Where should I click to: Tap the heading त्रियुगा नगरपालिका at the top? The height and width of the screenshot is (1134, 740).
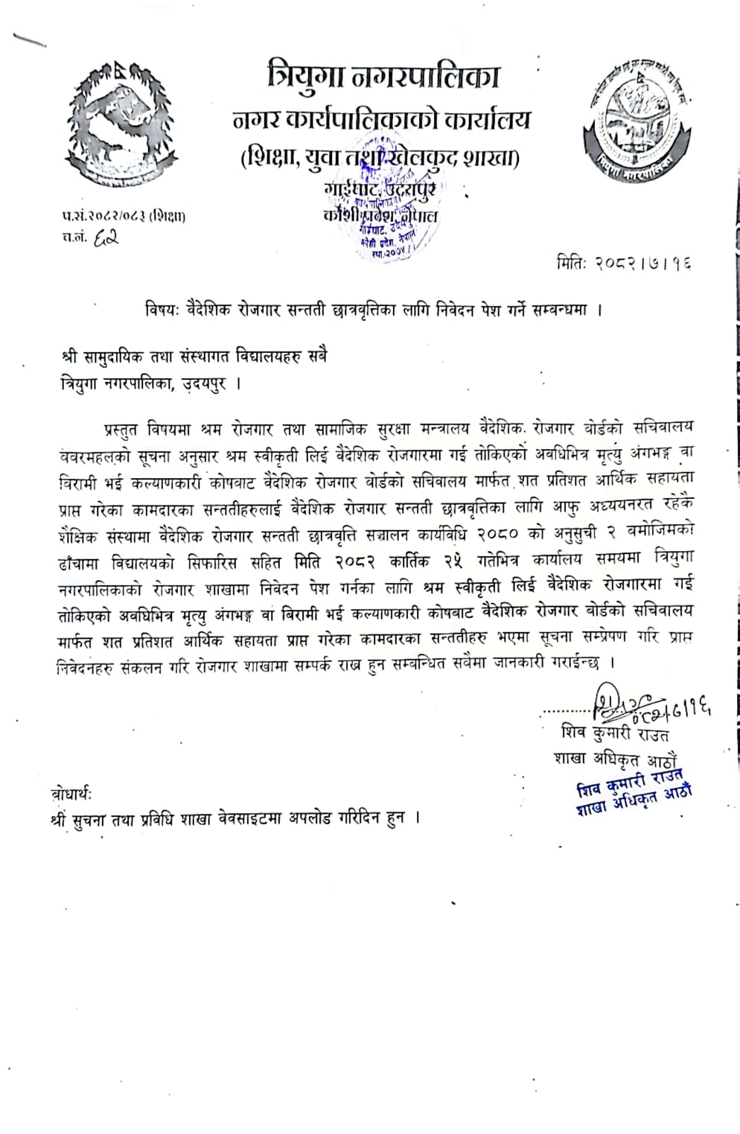(x=383, y=77)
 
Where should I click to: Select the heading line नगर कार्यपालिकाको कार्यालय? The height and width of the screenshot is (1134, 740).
(x=381, y=118)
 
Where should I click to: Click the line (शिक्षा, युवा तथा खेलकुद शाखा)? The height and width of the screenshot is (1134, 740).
(x=380, y=158)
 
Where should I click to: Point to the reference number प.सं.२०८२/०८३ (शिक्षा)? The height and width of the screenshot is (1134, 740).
(x=124, y=217)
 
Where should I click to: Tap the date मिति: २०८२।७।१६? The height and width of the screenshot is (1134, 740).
(x=624, y=264)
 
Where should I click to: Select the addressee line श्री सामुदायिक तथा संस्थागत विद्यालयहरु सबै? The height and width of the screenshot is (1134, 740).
(x=194, y=357)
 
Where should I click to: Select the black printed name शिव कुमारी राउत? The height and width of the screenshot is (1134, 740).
(x=615, y=734)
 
